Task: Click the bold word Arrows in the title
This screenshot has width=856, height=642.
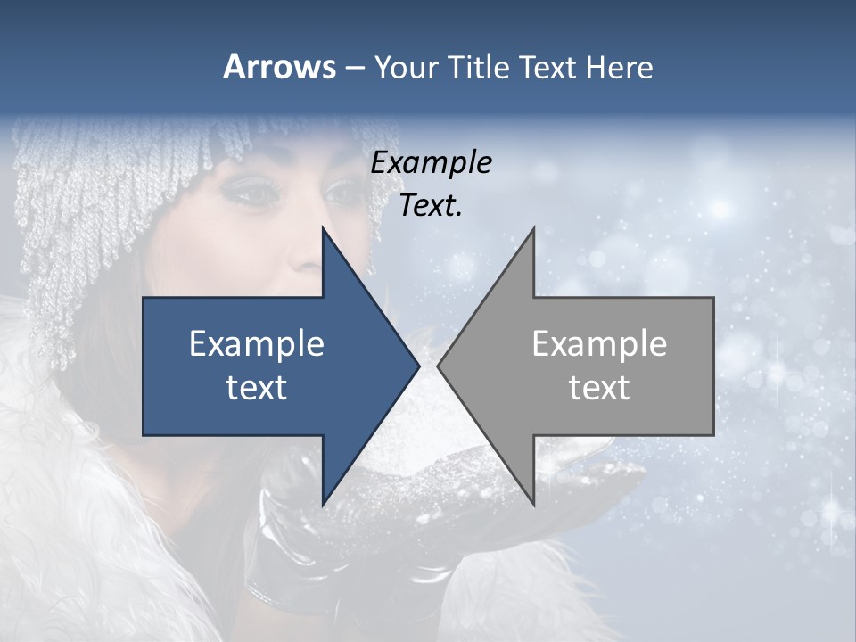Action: coord(279,67)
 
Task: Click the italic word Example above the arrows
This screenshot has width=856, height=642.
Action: coord(431,162)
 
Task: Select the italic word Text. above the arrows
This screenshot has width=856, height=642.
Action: coord(431,205)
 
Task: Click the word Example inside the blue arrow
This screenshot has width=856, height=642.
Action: coord(257,344)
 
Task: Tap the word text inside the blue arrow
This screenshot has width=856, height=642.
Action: coord(257,387)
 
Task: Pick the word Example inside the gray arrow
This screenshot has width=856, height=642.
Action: coord(599,344)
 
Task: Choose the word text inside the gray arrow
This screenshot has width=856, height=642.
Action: coord(599,387)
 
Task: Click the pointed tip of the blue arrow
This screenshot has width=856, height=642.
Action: coord(418,366)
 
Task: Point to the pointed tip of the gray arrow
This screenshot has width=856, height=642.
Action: coord(439,366)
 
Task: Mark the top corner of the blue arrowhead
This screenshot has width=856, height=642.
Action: coord(323,228)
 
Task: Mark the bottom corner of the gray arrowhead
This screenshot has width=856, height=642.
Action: coord(533,504)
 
